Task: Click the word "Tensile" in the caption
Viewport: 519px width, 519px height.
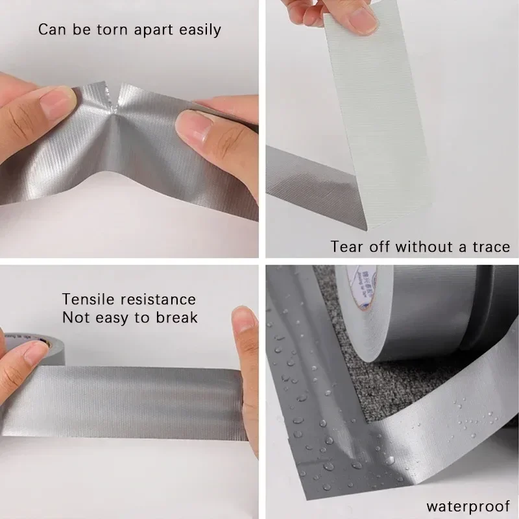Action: pos(88,299)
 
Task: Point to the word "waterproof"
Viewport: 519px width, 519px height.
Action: pos(468,505)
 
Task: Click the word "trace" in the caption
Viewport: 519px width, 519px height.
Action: pos(488,247)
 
